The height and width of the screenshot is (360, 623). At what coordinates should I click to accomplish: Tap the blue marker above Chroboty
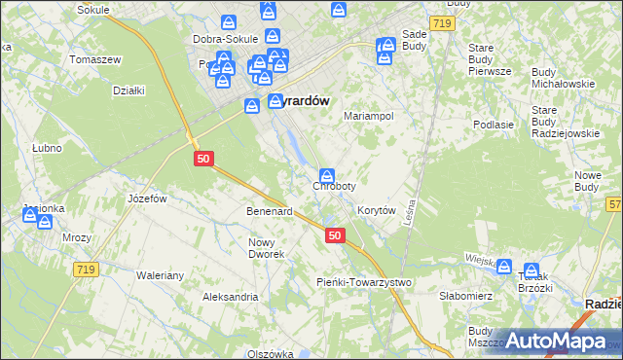328,174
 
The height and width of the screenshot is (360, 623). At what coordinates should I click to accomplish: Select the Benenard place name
270,211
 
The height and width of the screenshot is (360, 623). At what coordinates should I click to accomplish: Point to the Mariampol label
368,115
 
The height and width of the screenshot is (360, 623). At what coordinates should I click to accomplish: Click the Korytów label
376,210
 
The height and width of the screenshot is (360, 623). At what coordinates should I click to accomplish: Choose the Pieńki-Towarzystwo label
364,282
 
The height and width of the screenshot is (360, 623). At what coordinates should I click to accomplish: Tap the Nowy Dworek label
266,248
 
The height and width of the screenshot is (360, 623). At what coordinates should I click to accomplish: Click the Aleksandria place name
230,296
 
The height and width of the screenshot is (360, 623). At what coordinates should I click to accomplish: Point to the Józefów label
148,198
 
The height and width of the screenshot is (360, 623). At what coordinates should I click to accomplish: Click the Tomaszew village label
95,59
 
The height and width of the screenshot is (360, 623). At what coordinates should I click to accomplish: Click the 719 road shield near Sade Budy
443,21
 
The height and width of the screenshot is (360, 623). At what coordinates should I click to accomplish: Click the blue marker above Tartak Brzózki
531,270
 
